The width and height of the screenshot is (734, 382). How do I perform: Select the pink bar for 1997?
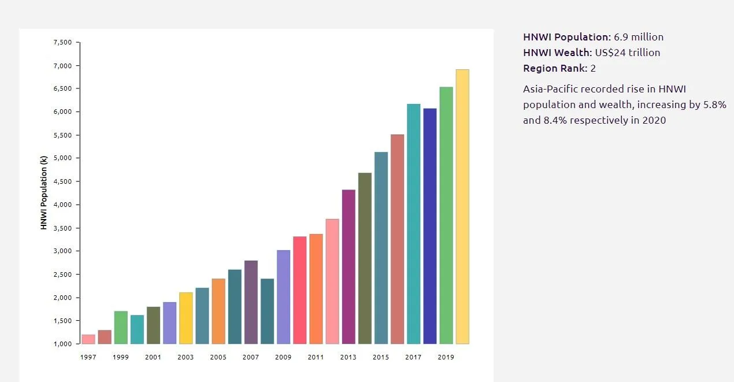tap(88, 339)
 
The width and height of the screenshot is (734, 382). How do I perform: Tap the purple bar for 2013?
tap(349, 266)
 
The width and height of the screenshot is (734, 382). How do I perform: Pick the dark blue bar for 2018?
tap(430, 226)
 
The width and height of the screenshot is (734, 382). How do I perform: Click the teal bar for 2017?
tap(414, 224)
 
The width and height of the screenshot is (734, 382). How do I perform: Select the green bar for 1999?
tap(121, 327)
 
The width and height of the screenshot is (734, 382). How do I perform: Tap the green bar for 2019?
tap(446, 215)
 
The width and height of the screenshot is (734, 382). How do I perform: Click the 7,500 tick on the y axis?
tap(62, 42)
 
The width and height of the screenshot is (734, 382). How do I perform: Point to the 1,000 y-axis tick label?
tap(62, 344)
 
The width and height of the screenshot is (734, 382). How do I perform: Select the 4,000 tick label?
tap(62, 205)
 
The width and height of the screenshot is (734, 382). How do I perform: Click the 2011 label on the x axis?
tap(316, 357)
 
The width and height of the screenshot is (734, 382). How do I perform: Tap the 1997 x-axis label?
tap(88, 357)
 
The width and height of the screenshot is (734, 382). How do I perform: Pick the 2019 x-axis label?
tap(446, 357)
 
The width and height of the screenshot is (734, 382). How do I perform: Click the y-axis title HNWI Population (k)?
tap(43, 193)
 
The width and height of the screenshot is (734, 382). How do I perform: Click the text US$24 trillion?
tap(627, 53)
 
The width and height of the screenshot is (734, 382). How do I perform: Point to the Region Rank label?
tap(554, 68)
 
